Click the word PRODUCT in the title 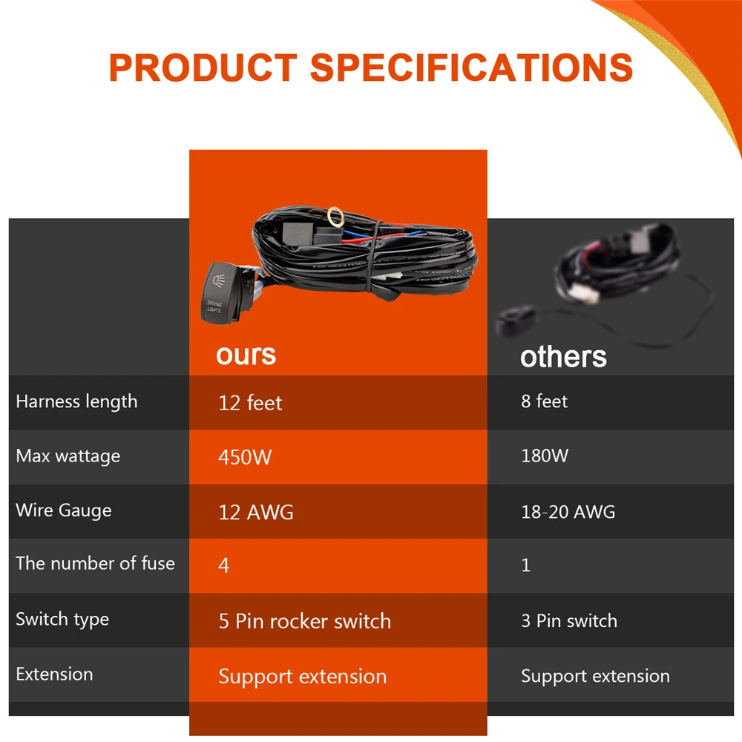click(x=203, y=68)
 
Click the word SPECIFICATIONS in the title click(x=471, y=68)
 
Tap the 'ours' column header click(x=246, y=355)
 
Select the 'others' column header click(x=563, y=356)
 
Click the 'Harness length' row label click(x=76, y=401)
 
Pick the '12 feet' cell click(x=250, y=403)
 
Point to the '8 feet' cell click(x=544, y=401)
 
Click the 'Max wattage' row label click(x=68, y=456)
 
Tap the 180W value click(x=545, y=456)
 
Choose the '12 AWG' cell click(x=255, y=513)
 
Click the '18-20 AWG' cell click(x=568, y=511)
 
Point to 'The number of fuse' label click(x=95, y=564)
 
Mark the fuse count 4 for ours click(x=224, y=565)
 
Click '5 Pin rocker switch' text click(x=305, y=621)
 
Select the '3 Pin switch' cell click(x=569, y=620)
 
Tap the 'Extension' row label click(x=54, y=674)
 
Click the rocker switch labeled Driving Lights click(x=223, y=293)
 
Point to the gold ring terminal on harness click(x=335, y=217)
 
